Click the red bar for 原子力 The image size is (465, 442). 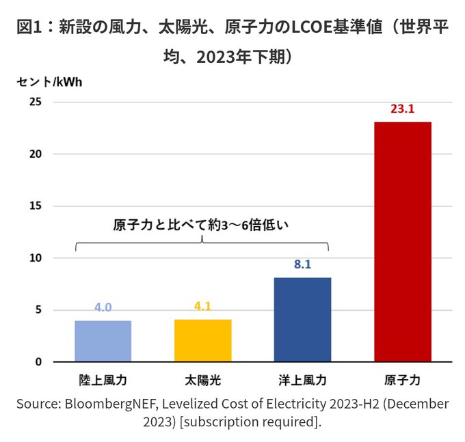[x=403, y=242]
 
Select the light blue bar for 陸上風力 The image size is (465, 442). [x=103, y=341]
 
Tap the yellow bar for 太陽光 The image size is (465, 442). [x=202, y=340]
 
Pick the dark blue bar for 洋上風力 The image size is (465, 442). [x=302, y=320]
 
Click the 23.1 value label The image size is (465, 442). [x=403, y=109]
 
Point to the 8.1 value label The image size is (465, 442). [x=302, y=264]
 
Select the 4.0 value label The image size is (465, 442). [x=103, y=307]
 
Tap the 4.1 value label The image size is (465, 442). [x=202, y=306]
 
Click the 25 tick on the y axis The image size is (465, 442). [x=35, y=102]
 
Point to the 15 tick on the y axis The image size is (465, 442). [x=35, y=206]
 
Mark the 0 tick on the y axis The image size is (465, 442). [x=38, y=362]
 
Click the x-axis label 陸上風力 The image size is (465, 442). [x=103, y=379]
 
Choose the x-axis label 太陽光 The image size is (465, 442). [x=202, y=379]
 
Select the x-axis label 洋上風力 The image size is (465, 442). [x=302, y=379]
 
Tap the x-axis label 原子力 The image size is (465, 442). [x=403, y=379]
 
